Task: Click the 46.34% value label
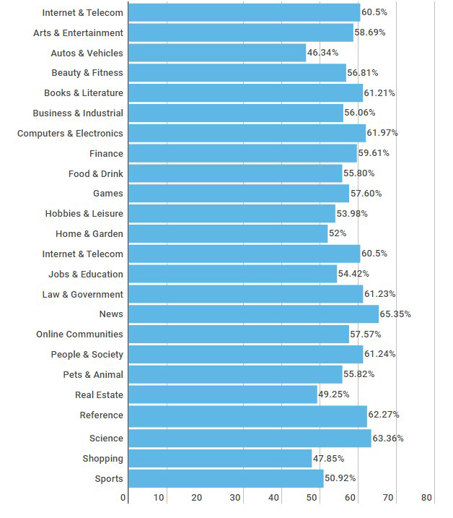(x=323, y=53)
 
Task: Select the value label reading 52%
(x=338, y=233)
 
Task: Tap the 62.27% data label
(x=384, y=415)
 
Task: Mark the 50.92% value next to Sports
(x=340, y=479)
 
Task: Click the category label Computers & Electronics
(x=70, y=134)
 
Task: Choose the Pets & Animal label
(x=93, y=375)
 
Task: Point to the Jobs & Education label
(x=86, y=275)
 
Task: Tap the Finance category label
(x=106, y=154)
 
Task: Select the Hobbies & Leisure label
(x=84, y=214)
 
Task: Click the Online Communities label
(x=79, y=334)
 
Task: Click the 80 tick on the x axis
(x=426, y=498)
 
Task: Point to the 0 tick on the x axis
(x=123, y=498)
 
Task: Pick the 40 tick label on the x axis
(x=273, y=498)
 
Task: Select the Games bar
(x=237, y=194)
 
